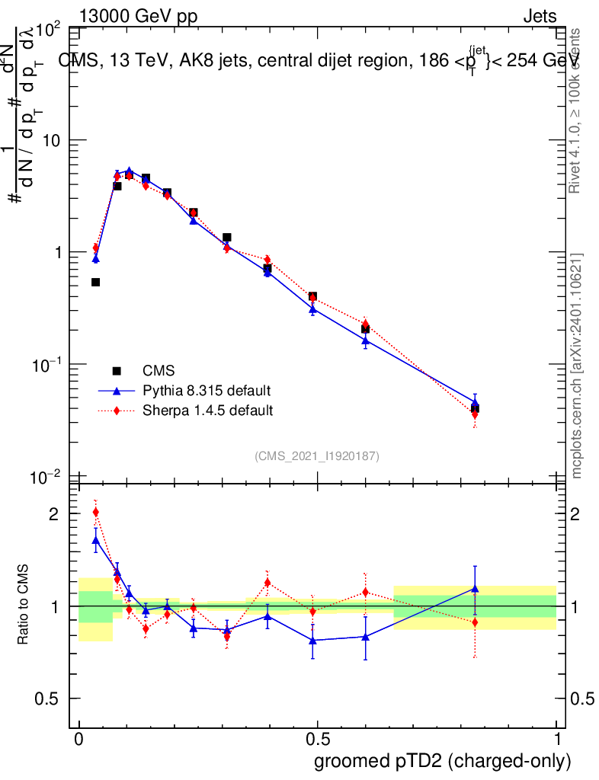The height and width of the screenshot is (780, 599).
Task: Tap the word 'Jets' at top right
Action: click(540, 17)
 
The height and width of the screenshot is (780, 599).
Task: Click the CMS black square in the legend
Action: click(117, 371)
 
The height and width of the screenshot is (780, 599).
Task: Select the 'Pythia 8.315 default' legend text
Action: click(207, 391)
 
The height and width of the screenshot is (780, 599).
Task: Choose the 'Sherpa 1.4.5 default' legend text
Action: click(208, 411)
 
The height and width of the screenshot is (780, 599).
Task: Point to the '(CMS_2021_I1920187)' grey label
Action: click(317, 456)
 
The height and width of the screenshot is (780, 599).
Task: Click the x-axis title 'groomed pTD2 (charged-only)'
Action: click(442, 761)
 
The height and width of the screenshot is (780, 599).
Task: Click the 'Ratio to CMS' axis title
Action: click(24, 606)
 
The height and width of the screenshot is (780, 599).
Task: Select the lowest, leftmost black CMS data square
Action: click(95, 282)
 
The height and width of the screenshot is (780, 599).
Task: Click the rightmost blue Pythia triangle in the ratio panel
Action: click(475, 588)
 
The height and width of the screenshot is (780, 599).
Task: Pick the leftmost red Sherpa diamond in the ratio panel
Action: click(95, 512)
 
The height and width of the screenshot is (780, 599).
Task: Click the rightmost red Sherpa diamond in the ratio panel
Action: click(475, 622)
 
